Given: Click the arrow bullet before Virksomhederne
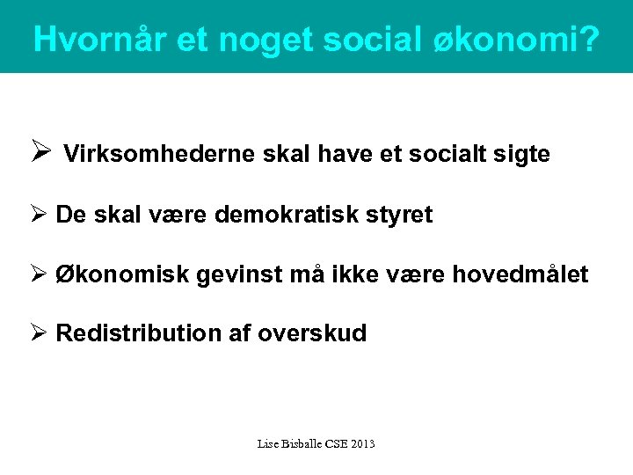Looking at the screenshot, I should [40, 154].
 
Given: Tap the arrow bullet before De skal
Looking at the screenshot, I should [40, 215].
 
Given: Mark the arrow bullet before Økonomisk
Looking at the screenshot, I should [40, 274].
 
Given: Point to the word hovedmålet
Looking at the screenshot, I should [520, 274].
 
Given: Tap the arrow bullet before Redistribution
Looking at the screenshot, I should [40, 333].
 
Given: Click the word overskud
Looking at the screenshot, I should [312, 333].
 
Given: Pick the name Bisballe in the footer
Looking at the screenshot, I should [302, 444].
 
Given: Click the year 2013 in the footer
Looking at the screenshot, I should [361, 444].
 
